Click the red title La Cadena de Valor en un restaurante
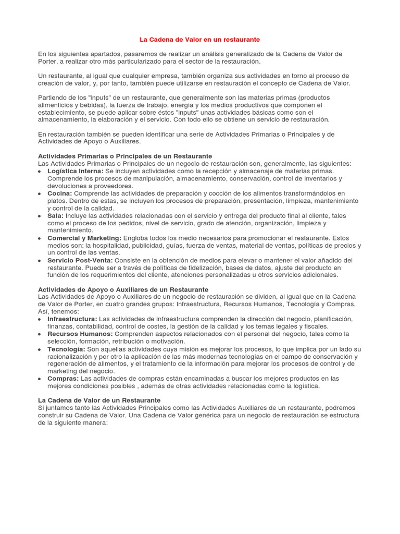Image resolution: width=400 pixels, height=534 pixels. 199,40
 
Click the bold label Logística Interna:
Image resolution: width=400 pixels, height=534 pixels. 75,171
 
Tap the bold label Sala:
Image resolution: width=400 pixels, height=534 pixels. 56,216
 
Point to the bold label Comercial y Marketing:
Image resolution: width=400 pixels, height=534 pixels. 84,238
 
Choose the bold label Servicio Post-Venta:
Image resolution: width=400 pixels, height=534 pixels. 80,260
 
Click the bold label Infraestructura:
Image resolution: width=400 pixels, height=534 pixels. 72,319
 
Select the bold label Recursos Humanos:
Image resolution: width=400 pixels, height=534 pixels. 80,334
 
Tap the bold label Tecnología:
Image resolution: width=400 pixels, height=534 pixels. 66,349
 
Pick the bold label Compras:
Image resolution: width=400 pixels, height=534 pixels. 63,379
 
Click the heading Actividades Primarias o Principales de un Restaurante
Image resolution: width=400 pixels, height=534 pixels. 125,156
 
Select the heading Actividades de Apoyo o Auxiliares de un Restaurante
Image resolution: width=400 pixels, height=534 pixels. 123,289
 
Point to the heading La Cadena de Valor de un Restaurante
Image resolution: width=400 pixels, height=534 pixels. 99,400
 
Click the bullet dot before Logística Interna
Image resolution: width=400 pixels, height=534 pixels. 41,172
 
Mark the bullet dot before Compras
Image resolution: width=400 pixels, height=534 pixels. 41,379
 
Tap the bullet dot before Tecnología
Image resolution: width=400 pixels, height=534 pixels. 41,349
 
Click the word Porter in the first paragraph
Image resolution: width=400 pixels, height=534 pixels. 48,62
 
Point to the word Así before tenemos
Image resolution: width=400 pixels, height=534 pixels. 44,311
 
